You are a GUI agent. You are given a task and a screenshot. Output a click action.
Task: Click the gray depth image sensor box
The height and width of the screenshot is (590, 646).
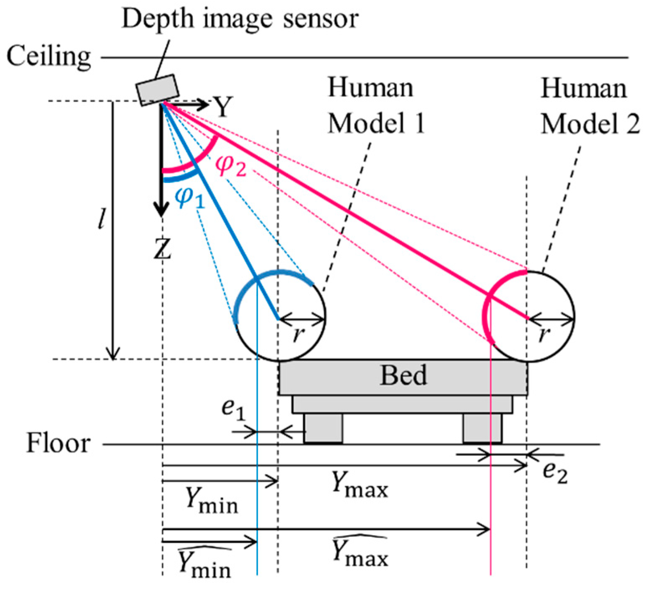pos(157,89)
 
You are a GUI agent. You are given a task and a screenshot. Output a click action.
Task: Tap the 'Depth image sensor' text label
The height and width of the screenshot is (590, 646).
pos(240,19)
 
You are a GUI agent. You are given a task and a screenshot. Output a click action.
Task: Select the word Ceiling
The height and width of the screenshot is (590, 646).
pos(49,57)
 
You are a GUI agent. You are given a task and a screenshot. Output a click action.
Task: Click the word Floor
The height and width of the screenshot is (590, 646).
pos(58,443)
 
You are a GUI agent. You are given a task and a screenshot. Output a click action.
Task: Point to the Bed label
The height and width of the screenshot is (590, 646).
pos(403,375)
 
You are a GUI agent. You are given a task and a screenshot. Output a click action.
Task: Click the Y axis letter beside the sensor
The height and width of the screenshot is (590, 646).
pos(224,107)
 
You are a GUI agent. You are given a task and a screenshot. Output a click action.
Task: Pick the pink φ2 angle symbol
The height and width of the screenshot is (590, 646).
pos(230,166)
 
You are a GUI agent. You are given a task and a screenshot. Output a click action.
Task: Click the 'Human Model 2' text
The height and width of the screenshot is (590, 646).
pos(590,106)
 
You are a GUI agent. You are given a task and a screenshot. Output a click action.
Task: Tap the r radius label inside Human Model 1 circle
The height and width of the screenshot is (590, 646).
pos(297,335)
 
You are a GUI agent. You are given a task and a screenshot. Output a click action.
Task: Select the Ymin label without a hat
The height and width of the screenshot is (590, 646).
pos(212,501)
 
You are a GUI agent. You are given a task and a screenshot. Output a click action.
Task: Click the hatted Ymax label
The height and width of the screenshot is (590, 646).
pos(360,553)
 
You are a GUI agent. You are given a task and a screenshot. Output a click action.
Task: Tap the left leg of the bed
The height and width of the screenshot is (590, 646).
pos(323,428)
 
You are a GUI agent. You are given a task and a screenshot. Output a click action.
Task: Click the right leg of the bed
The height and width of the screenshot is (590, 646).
pos(482,428)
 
